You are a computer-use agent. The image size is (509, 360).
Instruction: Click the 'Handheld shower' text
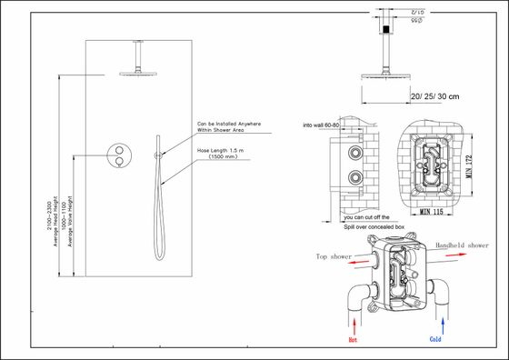[464, 245]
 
